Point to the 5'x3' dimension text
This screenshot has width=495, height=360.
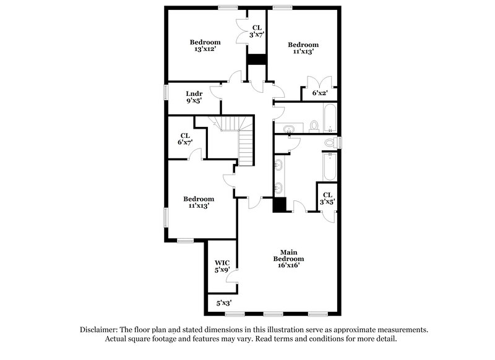224,303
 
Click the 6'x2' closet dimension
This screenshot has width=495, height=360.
319,93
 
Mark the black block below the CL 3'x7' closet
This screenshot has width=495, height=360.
256,59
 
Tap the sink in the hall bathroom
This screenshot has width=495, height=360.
289,129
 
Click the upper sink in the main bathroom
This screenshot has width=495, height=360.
278,165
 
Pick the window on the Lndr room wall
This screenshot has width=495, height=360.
165,91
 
